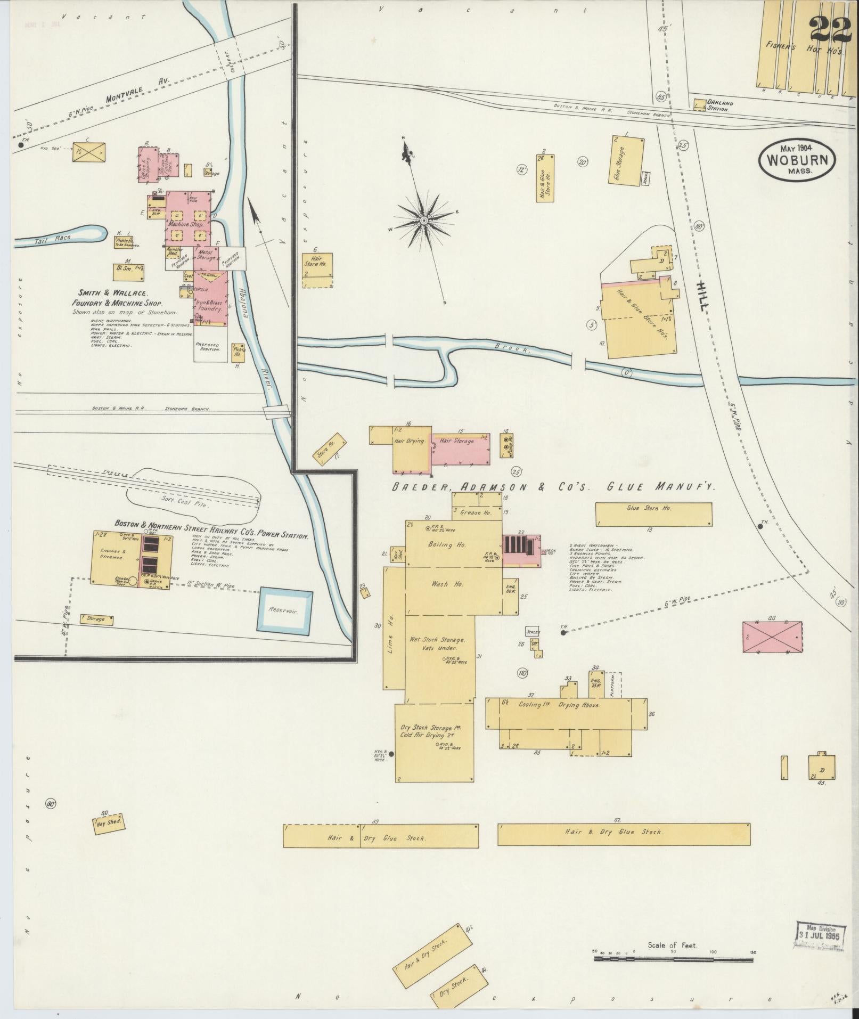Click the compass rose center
coord(424,220)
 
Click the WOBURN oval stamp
coord(797,159)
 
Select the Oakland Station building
coord(699,104)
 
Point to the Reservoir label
coord(283,610)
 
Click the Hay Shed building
coord(109,837)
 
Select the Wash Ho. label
coord(451,584)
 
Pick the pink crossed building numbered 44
coord(772,637)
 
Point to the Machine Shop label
coord(186,224)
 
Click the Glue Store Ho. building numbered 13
coord(653,513)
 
